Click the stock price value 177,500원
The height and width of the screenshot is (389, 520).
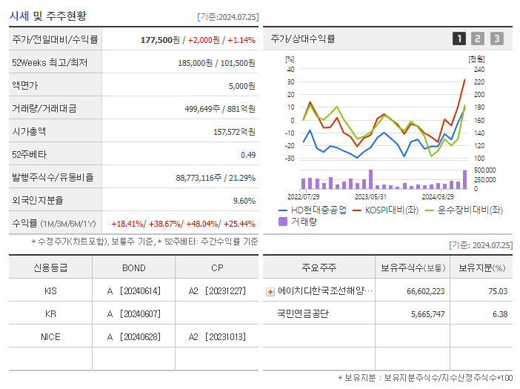click(x=160, y=39)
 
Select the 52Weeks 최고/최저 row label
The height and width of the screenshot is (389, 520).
click(x=50, y=63)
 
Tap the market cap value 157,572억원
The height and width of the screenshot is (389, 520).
click(x=233, y=131)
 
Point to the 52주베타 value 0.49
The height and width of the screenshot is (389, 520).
click(x=247, y=154)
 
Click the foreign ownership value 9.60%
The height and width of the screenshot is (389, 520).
click(x=244, y=200)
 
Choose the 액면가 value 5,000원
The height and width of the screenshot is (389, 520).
click(x=241, y=86)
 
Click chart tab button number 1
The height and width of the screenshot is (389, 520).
click(x=459, y=39)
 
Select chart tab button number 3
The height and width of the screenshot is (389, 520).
click(x=496, y=39)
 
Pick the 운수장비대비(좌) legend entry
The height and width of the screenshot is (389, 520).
click(x=463, y=210)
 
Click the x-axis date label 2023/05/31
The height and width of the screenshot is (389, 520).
click(x=370, y=196)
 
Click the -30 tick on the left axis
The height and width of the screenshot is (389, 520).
click(x=290, y=159)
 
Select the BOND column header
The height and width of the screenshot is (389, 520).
click(x=133, y=267)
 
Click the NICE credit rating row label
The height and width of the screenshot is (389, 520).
click(x=50, y=336)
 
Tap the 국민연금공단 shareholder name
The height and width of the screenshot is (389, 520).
click(x=303, y=313)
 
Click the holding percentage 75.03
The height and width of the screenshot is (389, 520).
click(x=497, y=291)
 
